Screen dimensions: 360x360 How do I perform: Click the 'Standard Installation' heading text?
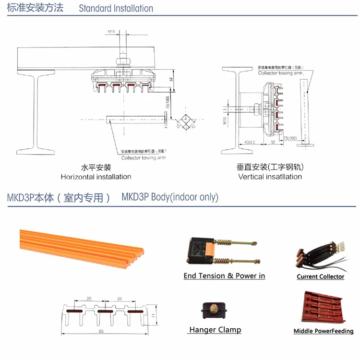point(116,9)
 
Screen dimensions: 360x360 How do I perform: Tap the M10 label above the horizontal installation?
point(111,32)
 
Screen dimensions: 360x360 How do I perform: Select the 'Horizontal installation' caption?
point(96,177)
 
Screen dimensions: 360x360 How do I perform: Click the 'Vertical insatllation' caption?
point(270,177)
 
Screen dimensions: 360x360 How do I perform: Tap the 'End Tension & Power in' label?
point(224,276)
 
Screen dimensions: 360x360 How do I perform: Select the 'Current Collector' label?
point(320,276)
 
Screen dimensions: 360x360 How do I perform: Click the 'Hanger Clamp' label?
point(215,330)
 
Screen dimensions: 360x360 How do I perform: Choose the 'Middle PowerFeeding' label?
point(323,331)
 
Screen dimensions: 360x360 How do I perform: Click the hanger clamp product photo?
point(215,312)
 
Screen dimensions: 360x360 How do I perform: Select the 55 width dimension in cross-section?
point(101,331)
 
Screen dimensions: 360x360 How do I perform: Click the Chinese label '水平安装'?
point(96,168)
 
